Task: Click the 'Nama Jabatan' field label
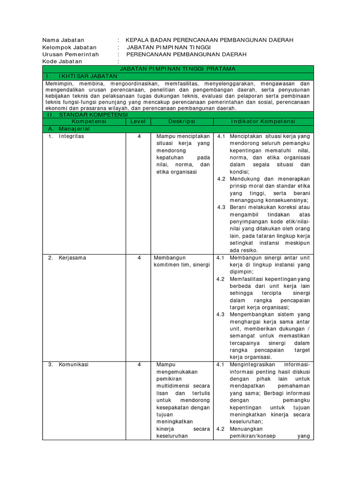coord(63,40)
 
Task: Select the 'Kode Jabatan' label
coord(62,61)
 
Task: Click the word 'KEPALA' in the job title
coord(138,40)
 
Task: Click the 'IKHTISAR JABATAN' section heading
coord(88,76)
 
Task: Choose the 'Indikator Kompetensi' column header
coord(262,121)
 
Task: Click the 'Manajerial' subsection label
coord(75,128)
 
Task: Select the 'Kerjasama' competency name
coord(72,258)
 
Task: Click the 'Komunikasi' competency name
coord(74,365)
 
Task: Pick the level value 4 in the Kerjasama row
coord(139,258)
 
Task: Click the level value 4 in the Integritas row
coord(139,136)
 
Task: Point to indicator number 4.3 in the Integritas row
coord(221,207)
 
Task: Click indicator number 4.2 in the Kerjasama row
coord(221,279)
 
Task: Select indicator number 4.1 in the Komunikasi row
coord(221,365)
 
